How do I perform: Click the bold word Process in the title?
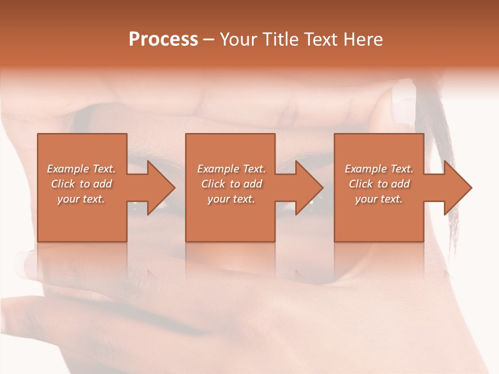point(163,39)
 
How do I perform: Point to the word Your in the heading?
point(239,39)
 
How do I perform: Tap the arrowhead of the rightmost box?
point(457,188)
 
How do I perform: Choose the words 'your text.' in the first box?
point(81,199)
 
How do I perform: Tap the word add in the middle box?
point(253,184)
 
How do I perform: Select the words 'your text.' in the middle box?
point(231,199)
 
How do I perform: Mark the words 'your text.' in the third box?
point(379,199)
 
